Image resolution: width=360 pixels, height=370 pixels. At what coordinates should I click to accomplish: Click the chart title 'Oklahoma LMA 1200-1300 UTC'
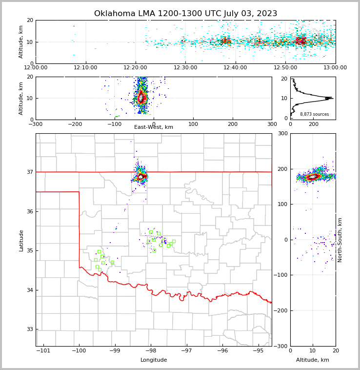click(x=185, y=14)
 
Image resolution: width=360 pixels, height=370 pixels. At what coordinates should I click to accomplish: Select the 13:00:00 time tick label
click(x=335, y=67)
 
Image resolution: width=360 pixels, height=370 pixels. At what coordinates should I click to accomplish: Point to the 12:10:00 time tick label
click(x=86, y=67)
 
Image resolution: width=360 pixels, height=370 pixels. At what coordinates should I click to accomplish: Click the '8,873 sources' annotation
click(x=314, y=114)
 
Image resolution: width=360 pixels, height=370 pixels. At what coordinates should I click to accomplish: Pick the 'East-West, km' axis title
click(x=153, y=127)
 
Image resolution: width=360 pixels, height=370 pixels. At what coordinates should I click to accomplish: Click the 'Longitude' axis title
click(x=153, y=360)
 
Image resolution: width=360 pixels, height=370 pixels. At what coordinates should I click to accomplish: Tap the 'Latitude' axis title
click(x=21, y=240)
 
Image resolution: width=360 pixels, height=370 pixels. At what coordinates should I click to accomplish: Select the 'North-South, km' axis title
click(x=340, y=240)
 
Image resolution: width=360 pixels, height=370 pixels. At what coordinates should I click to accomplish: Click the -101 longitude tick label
click(x=43, y=351)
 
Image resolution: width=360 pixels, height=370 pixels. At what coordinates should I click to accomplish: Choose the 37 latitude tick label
click(x=29, y=172)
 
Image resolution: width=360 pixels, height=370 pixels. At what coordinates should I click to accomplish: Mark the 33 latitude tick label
click(x=29, y=329)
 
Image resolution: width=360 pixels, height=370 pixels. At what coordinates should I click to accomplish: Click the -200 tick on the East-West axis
click(x=75, y=124)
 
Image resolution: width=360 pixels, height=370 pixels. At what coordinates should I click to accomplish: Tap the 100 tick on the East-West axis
click(x=193, y=124)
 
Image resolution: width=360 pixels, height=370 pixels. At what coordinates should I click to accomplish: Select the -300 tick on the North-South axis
click(x=281, y=346)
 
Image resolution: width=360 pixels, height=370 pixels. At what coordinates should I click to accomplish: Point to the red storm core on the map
click(x=140, y=176)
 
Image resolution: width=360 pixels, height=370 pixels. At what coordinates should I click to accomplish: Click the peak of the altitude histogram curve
click(x=332, y=98)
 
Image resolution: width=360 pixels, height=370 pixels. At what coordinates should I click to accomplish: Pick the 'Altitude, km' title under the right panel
click(x=313, y=360)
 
